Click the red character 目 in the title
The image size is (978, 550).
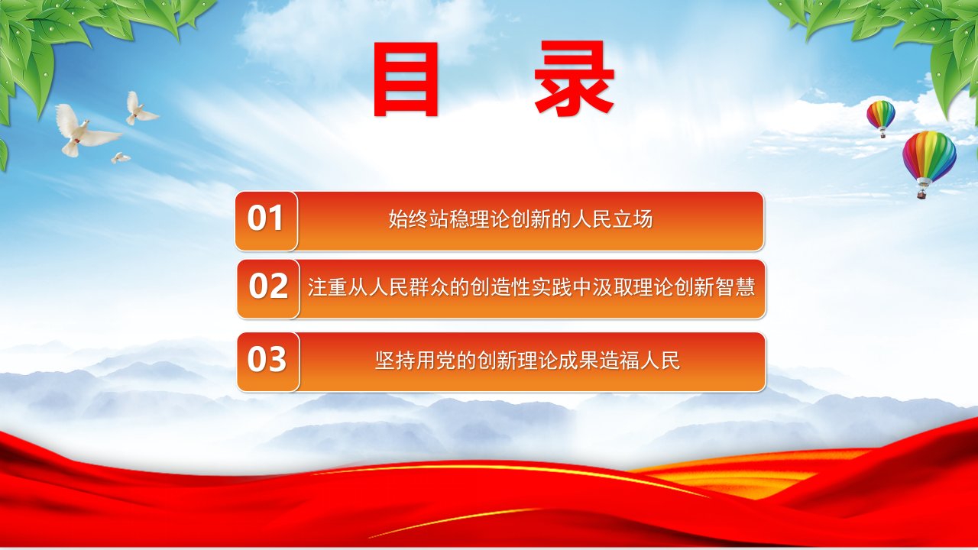[x=406, y=79]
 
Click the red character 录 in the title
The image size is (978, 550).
[x=575, y=78]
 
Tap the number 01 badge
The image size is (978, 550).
[x=266, y=221]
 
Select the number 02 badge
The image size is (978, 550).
[x=268, y=289]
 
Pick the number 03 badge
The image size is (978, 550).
[x=268, y=361]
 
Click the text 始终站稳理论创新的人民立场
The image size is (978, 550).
[x=520, y=219]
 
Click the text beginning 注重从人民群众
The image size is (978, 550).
[x=531, y=287]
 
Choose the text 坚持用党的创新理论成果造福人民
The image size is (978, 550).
[x=527, y=361]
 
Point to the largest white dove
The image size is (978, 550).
[x=84, y=130]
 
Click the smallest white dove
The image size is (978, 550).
[x=120, y=157]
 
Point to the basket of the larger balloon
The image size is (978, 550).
[x=922, y=193]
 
